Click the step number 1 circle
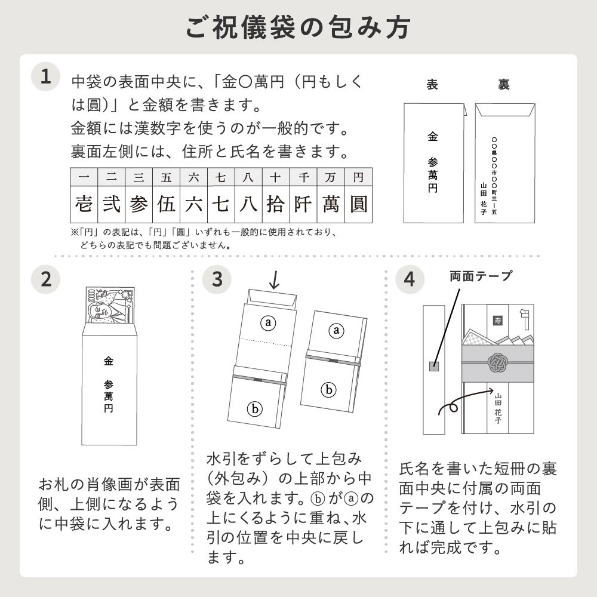46,76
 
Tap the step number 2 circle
46,279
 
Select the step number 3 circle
217,279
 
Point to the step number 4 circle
410,279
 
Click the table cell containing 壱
84,204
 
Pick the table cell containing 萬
331,204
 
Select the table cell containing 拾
276,204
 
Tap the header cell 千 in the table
303,177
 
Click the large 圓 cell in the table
358,204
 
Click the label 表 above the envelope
432,84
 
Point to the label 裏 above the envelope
504,84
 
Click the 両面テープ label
481,276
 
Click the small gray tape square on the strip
434,367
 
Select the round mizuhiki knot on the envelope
498,362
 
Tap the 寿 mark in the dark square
498,321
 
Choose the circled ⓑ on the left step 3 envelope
255,409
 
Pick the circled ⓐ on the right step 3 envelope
336,330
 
